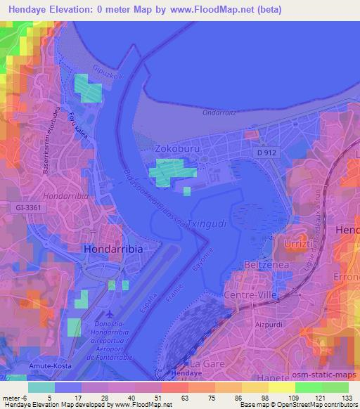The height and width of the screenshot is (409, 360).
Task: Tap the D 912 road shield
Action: [266, 151]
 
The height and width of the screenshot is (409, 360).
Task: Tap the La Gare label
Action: [206, 364]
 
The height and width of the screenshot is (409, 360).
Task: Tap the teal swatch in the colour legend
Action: [41, 387]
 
